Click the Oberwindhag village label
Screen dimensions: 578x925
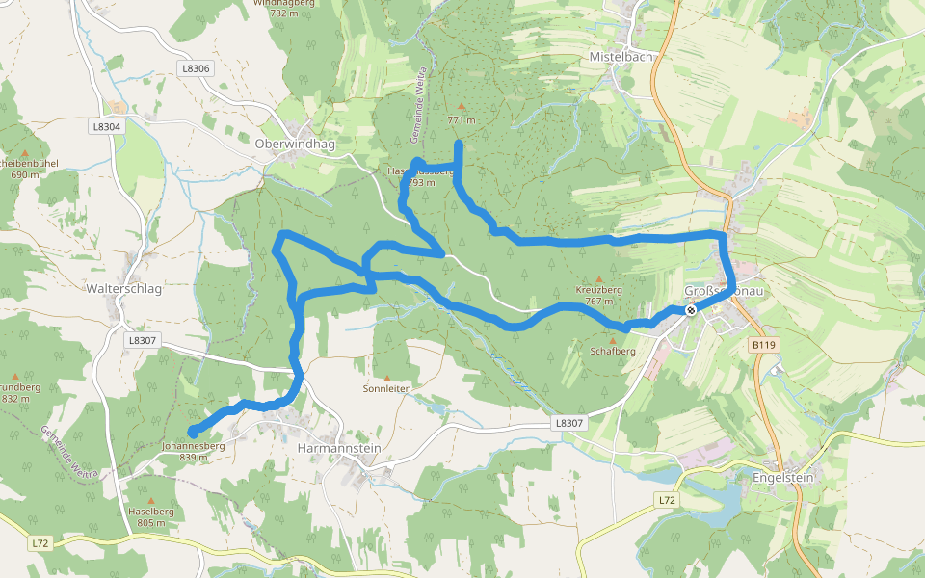(x=296, y=144)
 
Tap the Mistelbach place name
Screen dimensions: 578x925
(x=621, y=57)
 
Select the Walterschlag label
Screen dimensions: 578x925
(x=124, y=288)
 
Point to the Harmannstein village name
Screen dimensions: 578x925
(x=339, y=448)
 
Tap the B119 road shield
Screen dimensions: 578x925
(x=763, y=345)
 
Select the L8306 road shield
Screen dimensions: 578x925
(x=195, y=68)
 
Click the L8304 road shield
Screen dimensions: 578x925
(x=107, y=126)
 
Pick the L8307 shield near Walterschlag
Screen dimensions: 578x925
(x=141, y=340)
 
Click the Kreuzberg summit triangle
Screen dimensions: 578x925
(x=599, y=278)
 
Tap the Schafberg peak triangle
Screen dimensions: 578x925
(x=613, y=340)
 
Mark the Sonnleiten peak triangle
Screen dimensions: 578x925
(x=387, y=379)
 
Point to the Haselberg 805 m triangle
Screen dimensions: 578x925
(x=151, y=500)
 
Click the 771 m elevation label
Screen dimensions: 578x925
(x=462, y=120)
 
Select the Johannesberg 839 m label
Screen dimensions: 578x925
(x=193, y=452)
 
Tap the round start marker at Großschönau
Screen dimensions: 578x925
(x=691, y=310)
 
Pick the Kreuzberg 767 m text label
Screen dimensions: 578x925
(x=599, y=295)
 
